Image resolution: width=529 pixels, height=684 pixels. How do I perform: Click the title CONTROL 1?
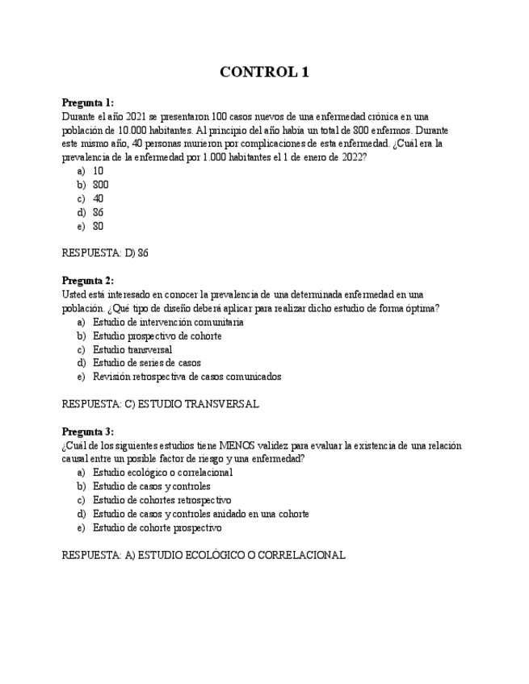(264, 73)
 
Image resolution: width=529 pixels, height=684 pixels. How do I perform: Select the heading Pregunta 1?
(88, 103)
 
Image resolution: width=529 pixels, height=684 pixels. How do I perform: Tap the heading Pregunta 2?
(88, 281)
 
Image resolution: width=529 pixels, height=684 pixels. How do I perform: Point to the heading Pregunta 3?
(88, 432)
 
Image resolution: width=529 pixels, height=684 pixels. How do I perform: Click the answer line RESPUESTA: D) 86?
(105, 252)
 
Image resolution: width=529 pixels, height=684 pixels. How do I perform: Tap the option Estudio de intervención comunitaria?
(168, 322)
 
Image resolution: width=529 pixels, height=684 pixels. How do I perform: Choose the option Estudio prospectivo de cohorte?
(157, 336)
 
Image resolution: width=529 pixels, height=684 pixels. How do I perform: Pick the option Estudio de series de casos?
(146, 363)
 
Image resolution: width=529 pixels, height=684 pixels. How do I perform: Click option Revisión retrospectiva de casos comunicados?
(187, 377)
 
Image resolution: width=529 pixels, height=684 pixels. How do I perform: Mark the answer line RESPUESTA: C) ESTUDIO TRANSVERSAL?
(160, 404)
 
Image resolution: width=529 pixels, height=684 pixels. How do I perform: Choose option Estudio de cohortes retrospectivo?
(162, 500)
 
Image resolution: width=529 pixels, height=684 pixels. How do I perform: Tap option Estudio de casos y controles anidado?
(200, 514)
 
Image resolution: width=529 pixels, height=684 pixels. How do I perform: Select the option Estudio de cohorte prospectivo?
(157, 528)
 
